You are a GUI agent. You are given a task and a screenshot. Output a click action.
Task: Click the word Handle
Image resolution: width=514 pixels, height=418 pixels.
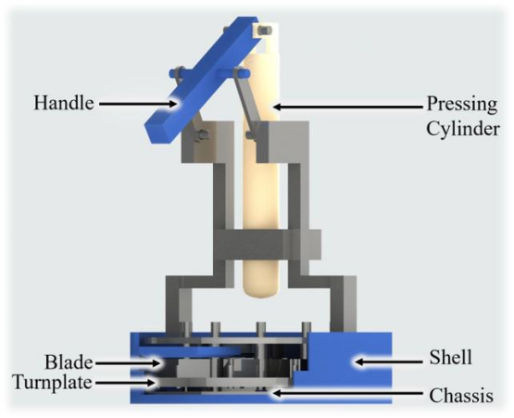[64, 103]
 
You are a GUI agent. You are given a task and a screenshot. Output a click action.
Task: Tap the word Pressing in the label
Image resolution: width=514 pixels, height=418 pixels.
[462, 105]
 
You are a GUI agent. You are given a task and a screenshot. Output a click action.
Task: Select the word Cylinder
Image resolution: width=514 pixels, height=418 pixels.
[463, 129]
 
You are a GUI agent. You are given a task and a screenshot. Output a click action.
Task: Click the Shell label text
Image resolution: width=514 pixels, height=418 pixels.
[451, 358]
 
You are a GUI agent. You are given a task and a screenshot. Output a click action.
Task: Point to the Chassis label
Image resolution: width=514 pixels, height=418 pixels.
[461, 396]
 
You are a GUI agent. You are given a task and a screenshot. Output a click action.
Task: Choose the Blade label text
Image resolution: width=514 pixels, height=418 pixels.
[69, 362]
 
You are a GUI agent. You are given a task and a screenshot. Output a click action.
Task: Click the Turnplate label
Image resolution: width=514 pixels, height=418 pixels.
[53, 382]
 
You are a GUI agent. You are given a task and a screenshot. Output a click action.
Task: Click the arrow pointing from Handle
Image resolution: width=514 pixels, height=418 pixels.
[138, 104]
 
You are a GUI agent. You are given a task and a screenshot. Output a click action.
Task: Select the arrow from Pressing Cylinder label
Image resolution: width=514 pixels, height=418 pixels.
[348, 107]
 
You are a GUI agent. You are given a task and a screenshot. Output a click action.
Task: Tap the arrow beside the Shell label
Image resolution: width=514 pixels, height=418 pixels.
[389, 361]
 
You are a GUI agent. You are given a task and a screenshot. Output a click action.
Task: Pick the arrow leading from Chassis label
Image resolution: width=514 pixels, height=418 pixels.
[347, 393]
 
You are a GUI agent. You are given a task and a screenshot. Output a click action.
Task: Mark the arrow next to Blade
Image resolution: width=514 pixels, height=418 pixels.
[127, 363]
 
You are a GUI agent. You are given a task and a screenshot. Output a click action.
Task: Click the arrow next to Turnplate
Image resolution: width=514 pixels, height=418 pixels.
[125, 383]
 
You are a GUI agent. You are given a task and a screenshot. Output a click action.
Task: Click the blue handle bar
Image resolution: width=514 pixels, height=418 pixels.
[202, 80]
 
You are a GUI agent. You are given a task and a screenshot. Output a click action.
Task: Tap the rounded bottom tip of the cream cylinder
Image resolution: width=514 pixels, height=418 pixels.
[260, 295]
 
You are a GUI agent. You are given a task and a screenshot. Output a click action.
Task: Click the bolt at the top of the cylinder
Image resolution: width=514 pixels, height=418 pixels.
[264, 31]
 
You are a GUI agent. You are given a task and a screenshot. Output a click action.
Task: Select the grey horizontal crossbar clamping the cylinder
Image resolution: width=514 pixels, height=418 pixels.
[267, 245]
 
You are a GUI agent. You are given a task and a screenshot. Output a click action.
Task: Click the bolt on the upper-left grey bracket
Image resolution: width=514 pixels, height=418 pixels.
[201, 135]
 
